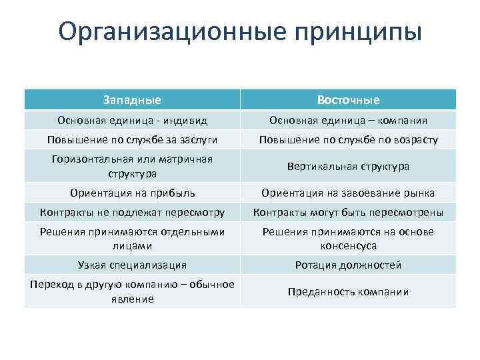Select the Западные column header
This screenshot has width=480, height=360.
tap(132, 100)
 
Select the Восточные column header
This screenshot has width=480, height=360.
tap(348, 100)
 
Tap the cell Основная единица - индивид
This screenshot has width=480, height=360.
tap(132, 121)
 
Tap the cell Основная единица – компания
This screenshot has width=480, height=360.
tap(348, 121)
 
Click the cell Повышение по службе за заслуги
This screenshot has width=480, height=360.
tap(132, 140)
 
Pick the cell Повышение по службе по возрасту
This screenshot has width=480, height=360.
tap(348, 140)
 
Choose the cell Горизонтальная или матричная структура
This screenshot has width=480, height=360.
tap(132, 166)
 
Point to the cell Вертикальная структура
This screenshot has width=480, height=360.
tap(348, 166)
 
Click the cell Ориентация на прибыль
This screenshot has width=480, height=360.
tap(132, 193)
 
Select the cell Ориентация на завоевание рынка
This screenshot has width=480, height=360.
tap(348, 193)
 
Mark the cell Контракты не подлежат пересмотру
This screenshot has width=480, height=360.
tap(132, 213)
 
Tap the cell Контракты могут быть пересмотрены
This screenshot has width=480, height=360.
tap(348, 213)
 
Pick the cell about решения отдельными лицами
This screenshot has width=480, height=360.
tap(132, 238)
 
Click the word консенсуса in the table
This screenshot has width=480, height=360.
tap(348, 245)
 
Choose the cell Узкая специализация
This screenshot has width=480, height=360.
tap(132, 265)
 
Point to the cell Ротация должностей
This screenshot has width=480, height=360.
tap(348, 265)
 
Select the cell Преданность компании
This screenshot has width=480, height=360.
tap(348, 291)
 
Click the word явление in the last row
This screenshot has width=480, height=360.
tap(132, 299)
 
